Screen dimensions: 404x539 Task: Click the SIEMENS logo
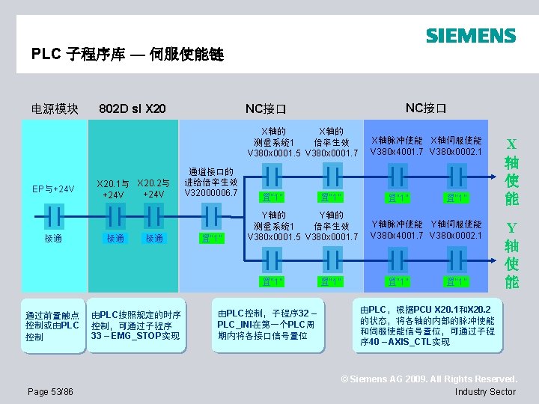pyautogui.click(x=471, y=35)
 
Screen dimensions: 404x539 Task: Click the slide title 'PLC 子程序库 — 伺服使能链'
pyautogui.click(x=127, y=55)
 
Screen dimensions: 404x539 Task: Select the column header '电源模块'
pyautogui.click(x=55, y=108)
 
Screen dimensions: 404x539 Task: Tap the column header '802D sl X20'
pyautogui.click(x=133, y=108)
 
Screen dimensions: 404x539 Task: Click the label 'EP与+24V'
pyautogui.click(x=52, y=189)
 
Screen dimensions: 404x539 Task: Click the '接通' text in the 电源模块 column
pyautogui.click(x=52, y=239)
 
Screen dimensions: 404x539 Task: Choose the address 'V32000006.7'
pyautogui.click(x=211, y=192)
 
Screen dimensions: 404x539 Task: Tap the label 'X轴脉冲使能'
pyautogui.click(x=397, y=141)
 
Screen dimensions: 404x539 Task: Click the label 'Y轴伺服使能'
pyautogui.click(x=456, y=224)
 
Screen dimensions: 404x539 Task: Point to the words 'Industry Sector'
pyautogui.click(x=485, y=391)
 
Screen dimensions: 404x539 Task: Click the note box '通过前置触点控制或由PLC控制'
pyautogui.click(x=52, y=326)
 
